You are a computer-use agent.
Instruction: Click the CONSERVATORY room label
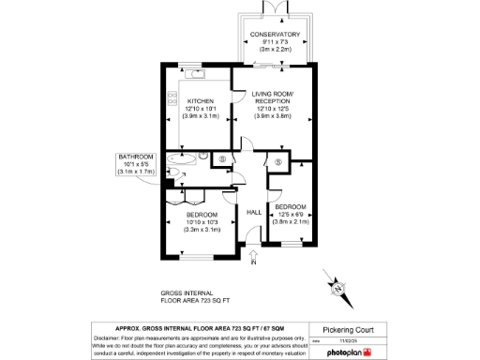(x=274, y=35)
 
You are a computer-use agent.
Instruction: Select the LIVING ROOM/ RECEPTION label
(x=275, y=96)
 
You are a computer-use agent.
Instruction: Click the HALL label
(x=253, y=212)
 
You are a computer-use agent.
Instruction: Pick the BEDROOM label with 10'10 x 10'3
(x=202, y=216)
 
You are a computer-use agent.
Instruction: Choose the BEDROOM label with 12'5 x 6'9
(x=291, y=204)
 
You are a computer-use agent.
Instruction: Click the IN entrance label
(x=253, y=262)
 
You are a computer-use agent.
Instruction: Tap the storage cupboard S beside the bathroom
(x=221, y=159)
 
